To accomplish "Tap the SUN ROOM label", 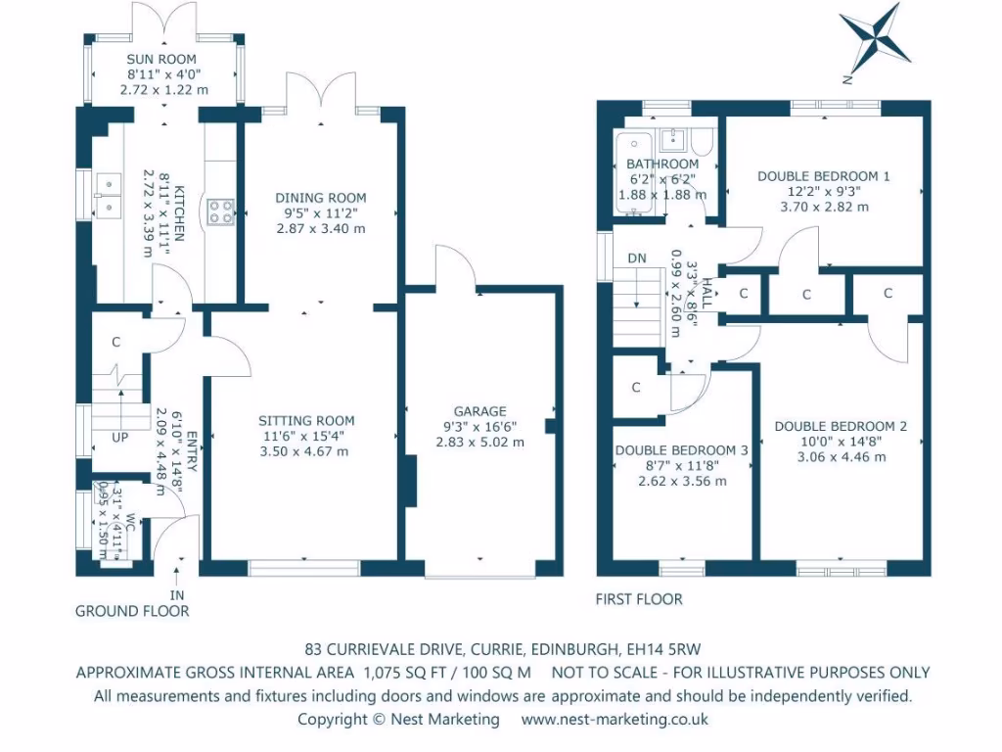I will pos(161,60).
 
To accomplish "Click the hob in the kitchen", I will pos(220,212).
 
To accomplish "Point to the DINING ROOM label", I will pos(320,198).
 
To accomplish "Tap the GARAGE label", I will pos(479,411).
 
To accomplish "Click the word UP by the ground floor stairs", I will pos(119,437).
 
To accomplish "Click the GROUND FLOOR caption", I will pos(132,611).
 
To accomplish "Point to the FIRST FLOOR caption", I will pos(639,598).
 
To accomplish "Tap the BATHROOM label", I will pos(662,164).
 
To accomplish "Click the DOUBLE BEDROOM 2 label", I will pos(841,426).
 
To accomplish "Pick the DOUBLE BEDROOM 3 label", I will pos(681,450).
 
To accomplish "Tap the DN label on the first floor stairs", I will pos(636,258).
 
